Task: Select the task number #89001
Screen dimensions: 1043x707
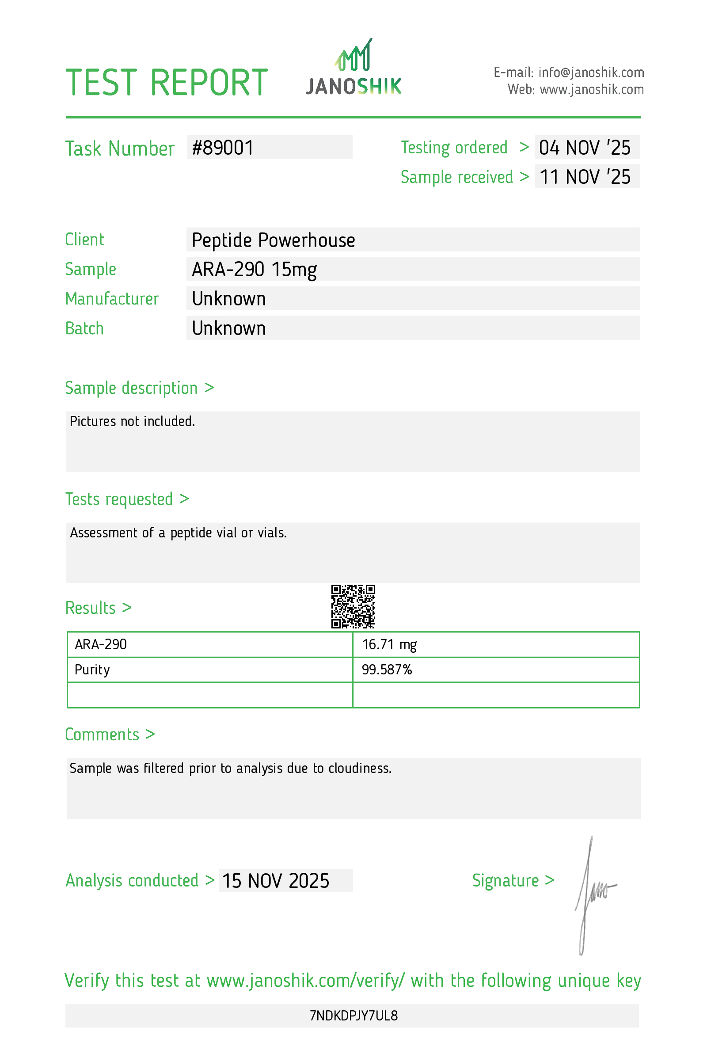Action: [223, 148]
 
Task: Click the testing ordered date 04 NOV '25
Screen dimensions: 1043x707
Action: [585, 148]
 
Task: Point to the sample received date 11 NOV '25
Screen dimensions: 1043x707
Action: [585, 177]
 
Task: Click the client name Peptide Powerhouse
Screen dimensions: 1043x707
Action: [273, 240]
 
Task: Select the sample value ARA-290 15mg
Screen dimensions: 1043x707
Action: [255, 269]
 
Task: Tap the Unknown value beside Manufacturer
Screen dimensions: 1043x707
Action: [229, 299]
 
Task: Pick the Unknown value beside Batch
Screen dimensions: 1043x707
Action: [229, 328]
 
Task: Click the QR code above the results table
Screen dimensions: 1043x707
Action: [353, 606]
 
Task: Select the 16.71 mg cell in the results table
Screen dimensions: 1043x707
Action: [389, 644]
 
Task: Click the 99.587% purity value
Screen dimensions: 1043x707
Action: [387, 670]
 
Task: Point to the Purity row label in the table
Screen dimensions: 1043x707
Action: [92, 670]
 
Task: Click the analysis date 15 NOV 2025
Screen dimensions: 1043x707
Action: [275, 881]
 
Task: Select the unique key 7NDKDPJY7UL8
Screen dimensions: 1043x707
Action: [353, 1016]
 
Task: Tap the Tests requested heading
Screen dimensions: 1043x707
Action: [119, 499]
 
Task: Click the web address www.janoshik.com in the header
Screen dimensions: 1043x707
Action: [592, 90]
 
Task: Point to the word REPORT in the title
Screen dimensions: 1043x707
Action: [209, 83]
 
